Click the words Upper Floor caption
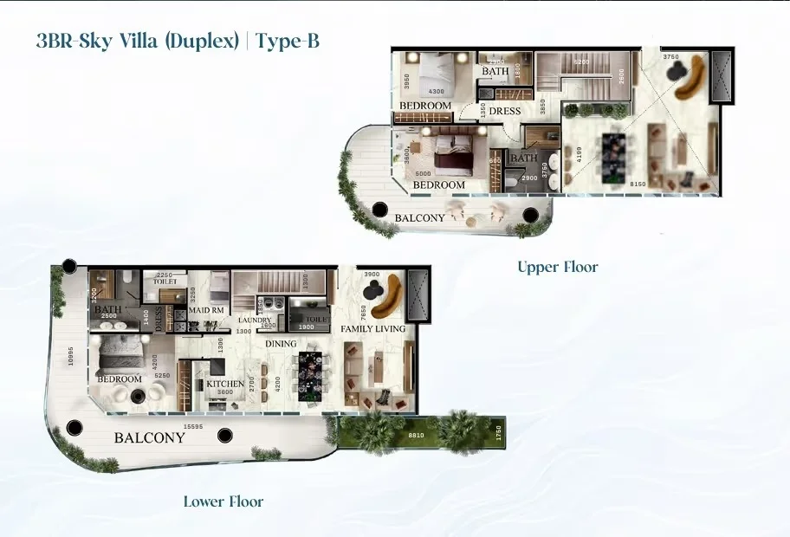[x=557, y=267]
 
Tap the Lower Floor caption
[x=223, y=501]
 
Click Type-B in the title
[x=288, y=41]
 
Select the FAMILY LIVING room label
[x=373, y=329]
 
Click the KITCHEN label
[x=224, y=384]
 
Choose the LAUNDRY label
[x=256, y=320]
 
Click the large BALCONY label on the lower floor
[x=150, y=437]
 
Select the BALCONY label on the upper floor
[x=420, y=217]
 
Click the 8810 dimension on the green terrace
[x=416, y=437]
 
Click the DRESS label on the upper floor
[x=504, y=111]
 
